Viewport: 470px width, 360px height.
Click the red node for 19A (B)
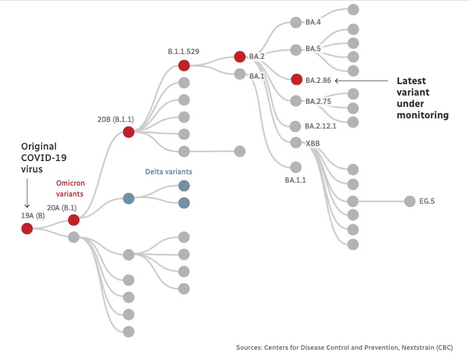(27, 228)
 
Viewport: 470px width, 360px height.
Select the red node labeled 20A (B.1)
(74, 220)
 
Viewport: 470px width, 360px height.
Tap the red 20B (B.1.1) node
(128, 132)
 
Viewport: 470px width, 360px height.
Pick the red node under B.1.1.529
(184, 66)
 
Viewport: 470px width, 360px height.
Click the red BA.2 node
(240, 57)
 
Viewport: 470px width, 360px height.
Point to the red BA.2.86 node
(296, 79)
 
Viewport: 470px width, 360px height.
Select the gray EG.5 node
(410, 201)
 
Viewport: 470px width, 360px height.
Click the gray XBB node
(296, 143)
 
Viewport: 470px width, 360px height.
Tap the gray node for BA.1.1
(296, 167)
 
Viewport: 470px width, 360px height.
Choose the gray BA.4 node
(296, 22)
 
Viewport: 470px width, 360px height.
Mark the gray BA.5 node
(296, 49)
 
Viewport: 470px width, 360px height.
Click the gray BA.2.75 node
(296, 101)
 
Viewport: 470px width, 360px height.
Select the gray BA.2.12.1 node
(295, 126)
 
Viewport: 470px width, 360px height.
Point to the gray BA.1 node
(240, 75)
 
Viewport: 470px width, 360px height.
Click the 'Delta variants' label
(169, 172)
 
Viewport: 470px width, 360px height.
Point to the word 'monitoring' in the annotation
(423, 115)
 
